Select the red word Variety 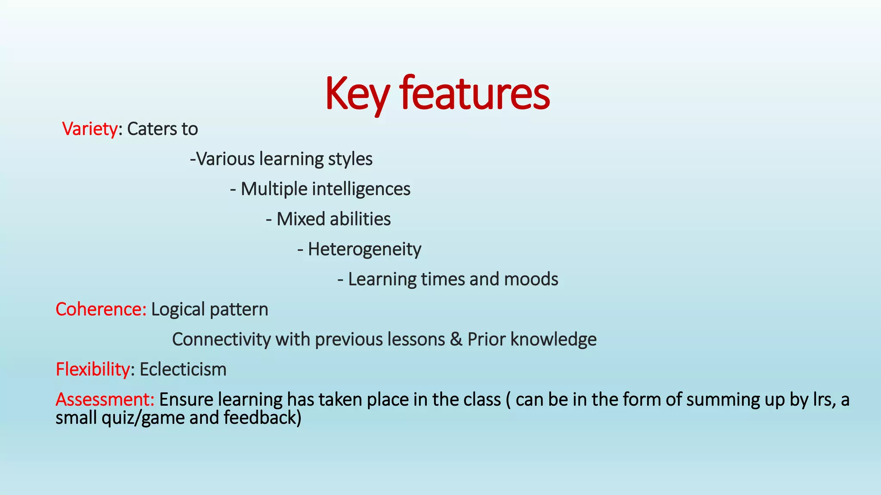pos(89,129)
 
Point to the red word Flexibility pos(92,370)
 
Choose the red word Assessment pos(105,400)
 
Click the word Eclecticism pos(183,370)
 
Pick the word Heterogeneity pos(364,249)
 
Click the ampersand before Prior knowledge pos(456,339)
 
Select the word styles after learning pos(350,159)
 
